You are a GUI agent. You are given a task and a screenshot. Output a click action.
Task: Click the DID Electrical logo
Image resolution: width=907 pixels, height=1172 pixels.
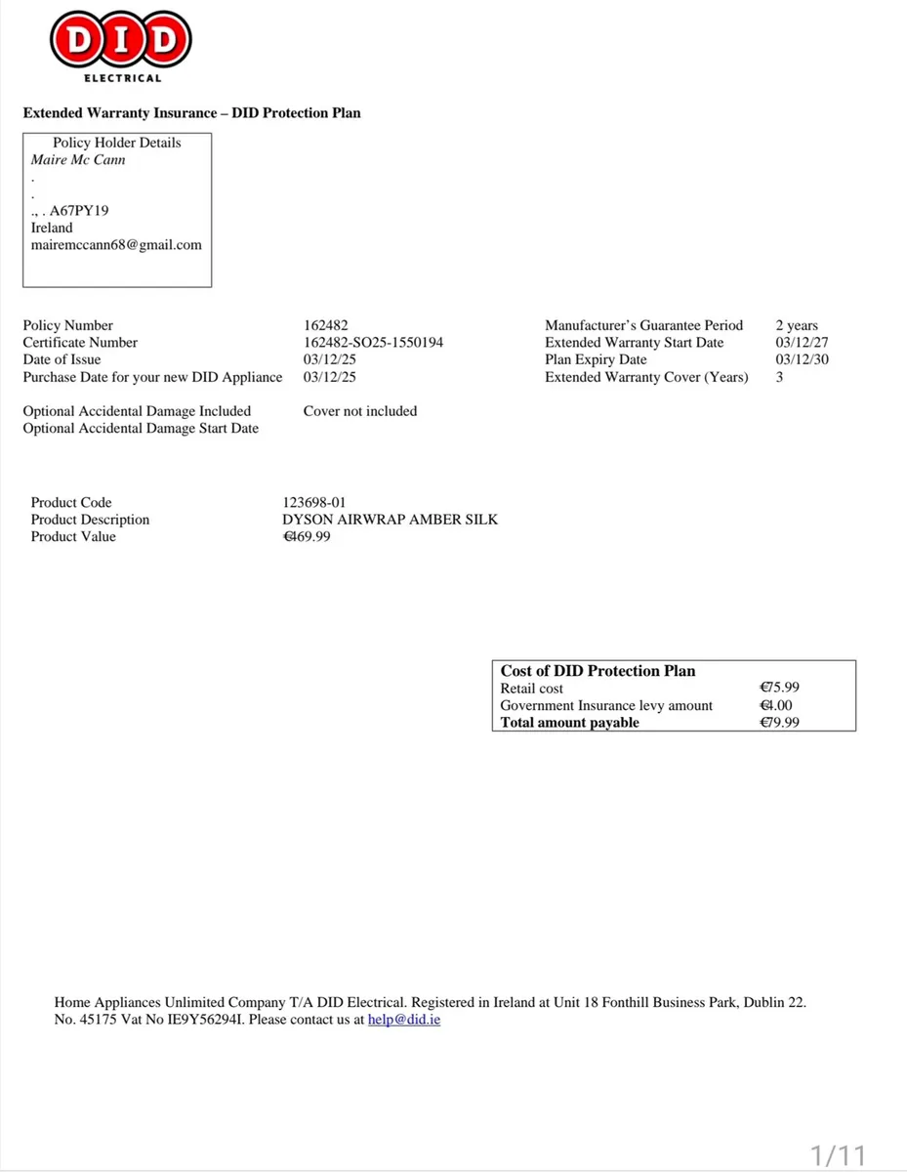pyautogui.click(x=121, y=44)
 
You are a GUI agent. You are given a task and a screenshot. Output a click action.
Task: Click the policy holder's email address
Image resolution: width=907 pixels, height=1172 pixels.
pyautogui.click(x=116, y=245)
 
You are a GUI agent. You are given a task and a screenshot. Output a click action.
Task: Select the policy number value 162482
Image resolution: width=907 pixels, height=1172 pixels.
pyautogui.click(x=326, y=325)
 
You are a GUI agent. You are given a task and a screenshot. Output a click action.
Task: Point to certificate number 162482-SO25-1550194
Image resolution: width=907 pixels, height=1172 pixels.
pyautogui.click(x=373, y=343)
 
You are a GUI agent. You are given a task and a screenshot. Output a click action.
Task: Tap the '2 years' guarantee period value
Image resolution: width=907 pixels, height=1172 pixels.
pyautogui.click(x=797, y=325)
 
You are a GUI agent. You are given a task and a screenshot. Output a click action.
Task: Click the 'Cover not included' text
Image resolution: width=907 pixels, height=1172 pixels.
pyautogui.click(x=360, y=411)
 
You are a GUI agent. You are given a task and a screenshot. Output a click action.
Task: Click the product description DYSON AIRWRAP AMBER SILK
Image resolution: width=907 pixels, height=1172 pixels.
pyautogui.click(x=390, y=520)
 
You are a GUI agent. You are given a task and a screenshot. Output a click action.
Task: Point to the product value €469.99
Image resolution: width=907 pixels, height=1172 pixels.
pyautogui.click(x=307, y=536)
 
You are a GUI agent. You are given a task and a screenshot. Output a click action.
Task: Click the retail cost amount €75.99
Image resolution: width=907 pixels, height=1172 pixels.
pyautogui.click(x=779, y=688)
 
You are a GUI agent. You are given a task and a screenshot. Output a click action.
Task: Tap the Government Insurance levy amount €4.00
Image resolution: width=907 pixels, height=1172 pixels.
pyautogui.click(x=776, y=705)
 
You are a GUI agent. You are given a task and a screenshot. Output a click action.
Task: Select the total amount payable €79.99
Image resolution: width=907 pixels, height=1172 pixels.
pyautogui.click(x=779, y=723)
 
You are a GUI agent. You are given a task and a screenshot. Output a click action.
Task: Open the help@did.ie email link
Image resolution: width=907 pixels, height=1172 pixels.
pyautogui.click(x=404, y=1020)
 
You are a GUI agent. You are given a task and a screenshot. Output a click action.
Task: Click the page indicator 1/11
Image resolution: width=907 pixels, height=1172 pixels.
pyautogui.click(x=839, y=1155)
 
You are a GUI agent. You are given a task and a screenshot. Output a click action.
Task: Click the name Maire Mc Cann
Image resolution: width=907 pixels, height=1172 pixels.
pyautogui.click(x=78, y=159)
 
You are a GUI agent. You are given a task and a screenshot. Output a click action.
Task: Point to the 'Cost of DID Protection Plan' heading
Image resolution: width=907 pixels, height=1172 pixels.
pyautogui.click(x=598, y=671)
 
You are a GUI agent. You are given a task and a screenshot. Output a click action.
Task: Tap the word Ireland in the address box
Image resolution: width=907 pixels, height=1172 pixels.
pyautogui.click(x=52, y=228)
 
